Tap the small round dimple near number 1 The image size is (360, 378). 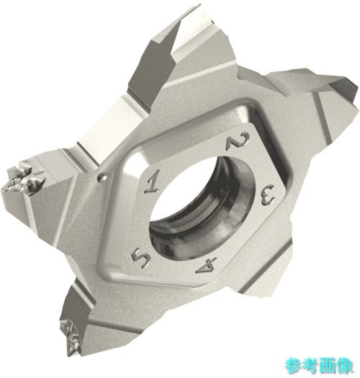point(102,177)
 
